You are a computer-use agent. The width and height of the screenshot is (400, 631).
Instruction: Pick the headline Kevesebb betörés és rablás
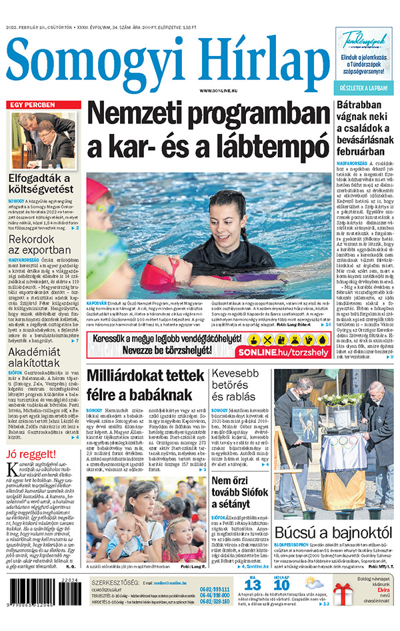coord(239,386)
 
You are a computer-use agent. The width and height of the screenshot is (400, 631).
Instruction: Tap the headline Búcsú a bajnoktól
coord(337,532)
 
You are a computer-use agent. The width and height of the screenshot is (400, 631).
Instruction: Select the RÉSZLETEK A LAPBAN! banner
coord(366,88)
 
